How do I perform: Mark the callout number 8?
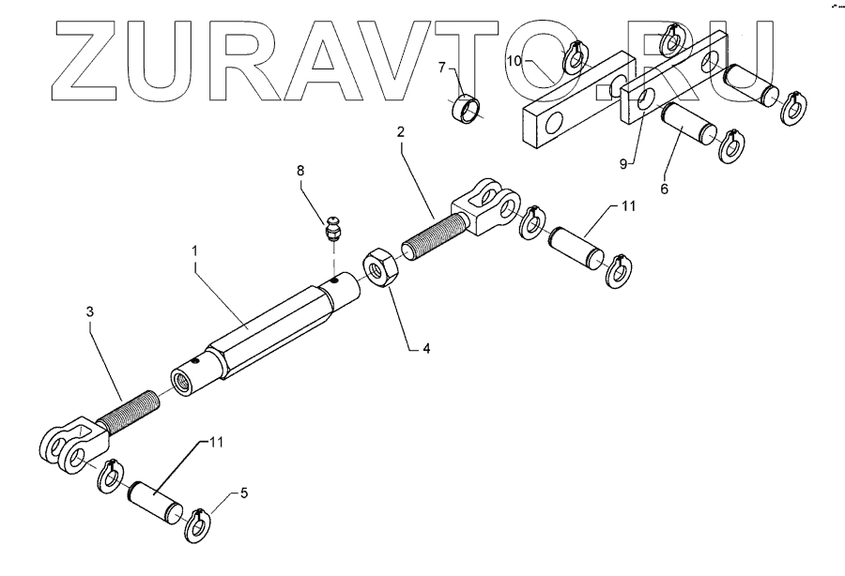tap(300, 173)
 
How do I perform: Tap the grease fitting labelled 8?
tap(333, 227)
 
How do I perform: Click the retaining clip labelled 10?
tap(574, 57)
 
